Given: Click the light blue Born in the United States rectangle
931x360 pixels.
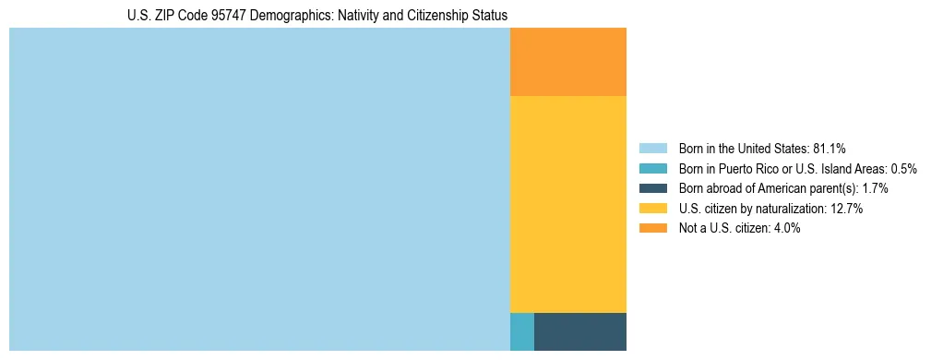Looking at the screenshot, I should [259, 189].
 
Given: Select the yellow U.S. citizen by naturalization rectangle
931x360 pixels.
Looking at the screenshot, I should [567, 204].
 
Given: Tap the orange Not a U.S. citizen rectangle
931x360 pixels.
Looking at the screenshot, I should [567, 62].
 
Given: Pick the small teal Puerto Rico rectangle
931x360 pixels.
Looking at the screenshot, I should [521, 331].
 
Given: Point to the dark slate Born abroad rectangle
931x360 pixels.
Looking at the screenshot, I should [579, 331].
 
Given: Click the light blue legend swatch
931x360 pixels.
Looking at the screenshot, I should [652, 149].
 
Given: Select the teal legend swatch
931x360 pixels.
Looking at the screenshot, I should [652, 169].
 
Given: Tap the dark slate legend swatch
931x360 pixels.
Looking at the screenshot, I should [652, 188].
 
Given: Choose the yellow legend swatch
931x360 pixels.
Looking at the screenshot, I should [652, 209].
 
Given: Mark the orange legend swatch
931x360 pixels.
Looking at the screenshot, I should [652, 228].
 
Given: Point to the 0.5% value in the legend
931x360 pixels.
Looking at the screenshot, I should [902, 169].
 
